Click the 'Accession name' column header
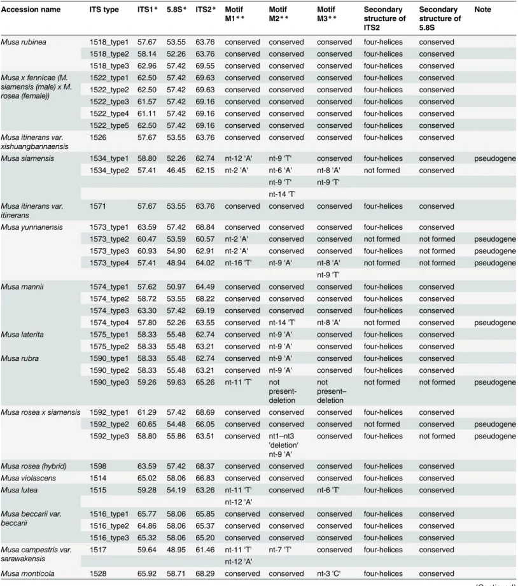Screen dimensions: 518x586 point(31,10)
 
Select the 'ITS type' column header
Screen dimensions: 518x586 point(104,10)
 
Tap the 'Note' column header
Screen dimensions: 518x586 point(483,10)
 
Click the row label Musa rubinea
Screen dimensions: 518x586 point(24,42)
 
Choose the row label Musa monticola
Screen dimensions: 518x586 point(27,574)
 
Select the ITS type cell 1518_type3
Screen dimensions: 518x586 point(109,66)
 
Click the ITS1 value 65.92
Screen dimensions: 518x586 point(147,574)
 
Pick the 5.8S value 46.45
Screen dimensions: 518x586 point(176,171)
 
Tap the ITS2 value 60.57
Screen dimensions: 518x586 point(205,240)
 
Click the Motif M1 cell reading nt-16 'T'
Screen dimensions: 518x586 point(239,263)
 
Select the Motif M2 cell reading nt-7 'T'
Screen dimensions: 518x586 point(280,550)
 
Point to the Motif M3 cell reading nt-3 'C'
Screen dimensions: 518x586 point(329,574)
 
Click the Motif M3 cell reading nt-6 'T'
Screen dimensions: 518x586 point(328,491)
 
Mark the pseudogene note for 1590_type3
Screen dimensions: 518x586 point(495,382)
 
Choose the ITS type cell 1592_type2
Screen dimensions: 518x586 point(109,424)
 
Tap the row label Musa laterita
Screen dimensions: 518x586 point(22,335)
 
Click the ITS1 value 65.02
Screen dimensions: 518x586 point(147,478)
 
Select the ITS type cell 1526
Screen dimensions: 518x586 point(98,138)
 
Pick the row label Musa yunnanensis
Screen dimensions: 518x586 point(32,228)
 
